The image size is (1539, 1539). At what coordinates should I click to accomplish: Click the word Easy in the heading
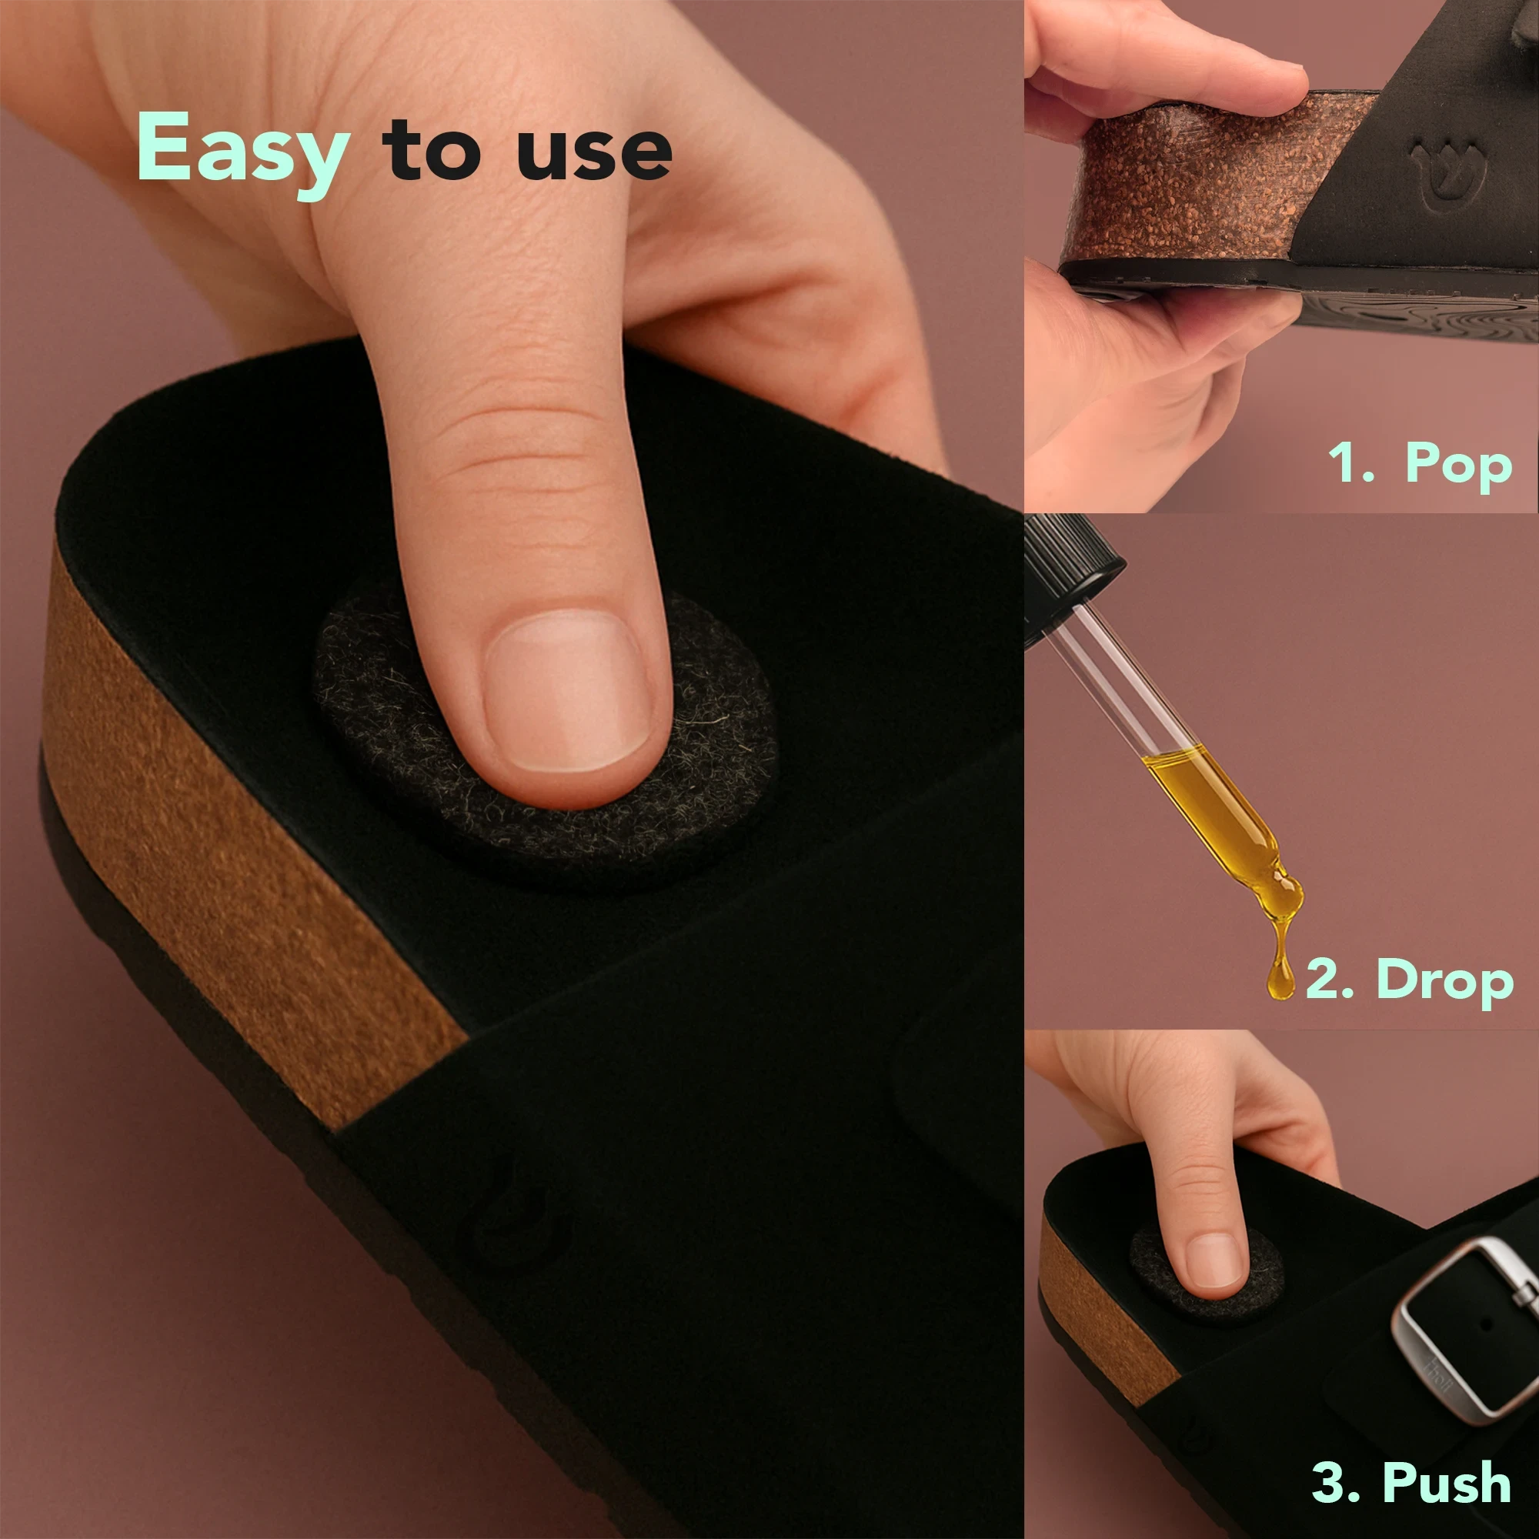point(243,154)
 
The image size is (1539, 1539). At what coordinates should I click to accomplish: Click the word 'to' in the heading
point(432,148)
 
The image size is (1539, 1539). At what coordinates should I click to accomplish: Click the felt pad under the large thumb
point(549,741)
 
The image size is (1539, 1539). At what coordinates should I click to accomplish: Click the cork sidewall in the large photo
point(239,836)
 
